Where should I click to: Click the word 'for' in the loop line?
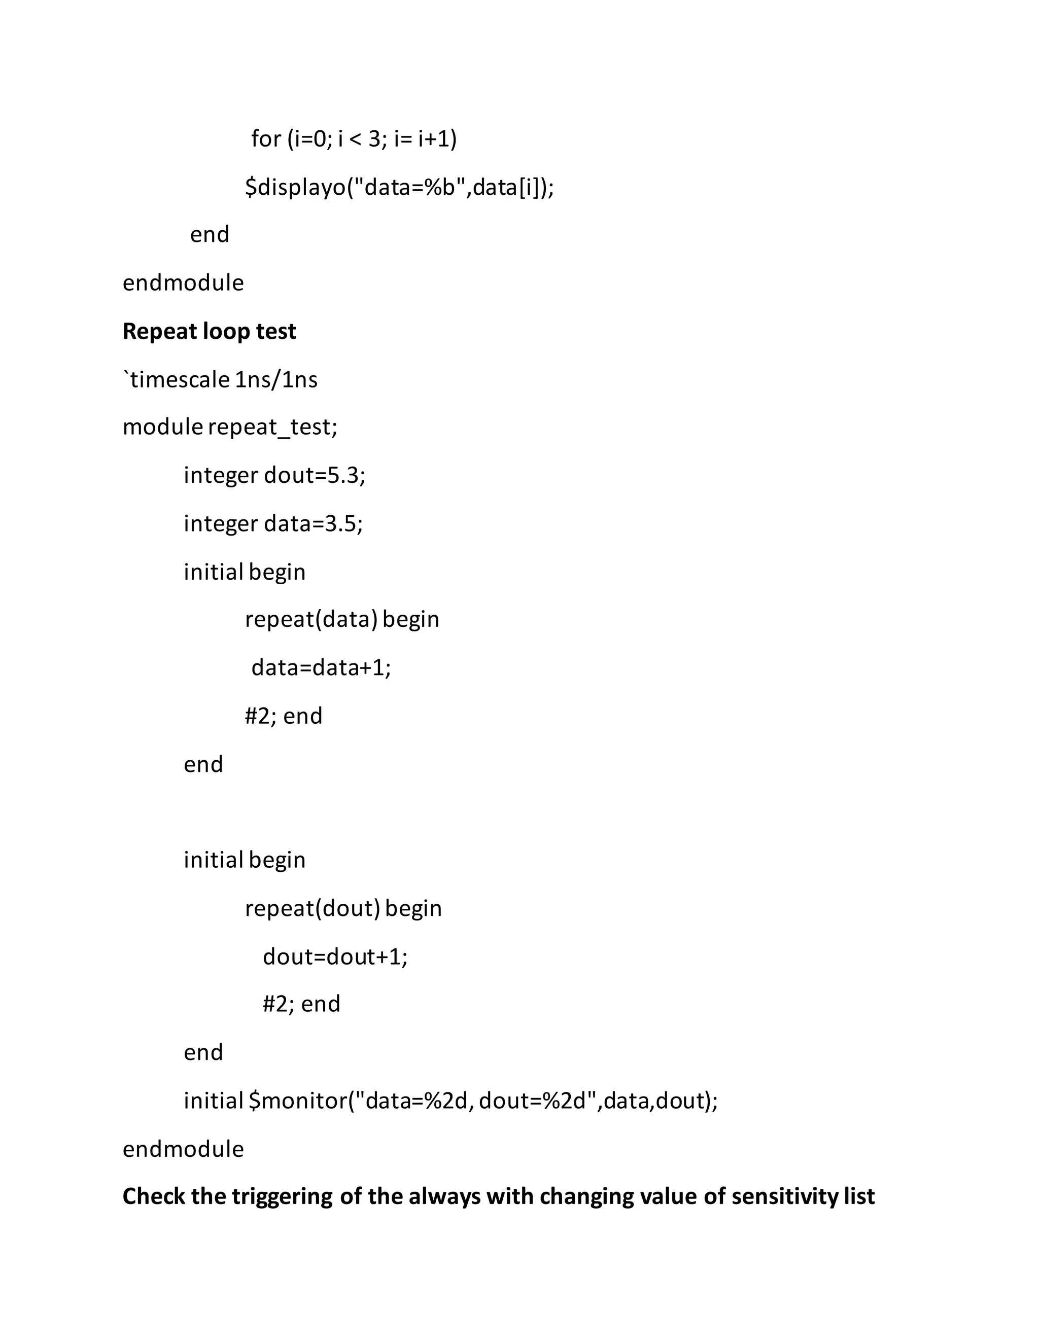266,139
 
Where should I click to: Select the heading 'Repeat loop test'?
210,332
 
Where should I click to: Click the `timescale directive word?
177,380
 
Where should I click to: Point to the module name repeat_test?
272,427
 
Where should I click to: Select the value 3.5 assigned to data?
345,524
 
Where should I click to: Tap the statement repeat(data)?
311,619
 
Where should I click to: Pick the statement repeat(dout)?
312,908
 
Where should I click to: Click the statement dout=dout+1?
335,957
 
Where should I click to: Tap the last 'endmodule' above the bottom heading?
183,1149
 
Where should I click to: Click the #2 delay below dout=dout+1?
275,1004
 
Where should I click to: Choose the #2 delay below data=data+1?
257,716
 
